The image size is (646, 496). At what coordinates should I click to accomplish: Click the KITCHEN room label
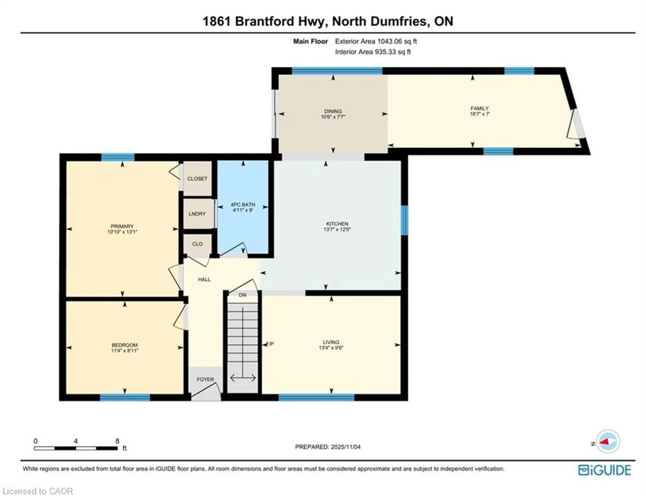pos(337,224)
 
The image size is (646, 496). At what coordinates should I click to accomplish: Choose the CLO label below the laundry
pos(197,244)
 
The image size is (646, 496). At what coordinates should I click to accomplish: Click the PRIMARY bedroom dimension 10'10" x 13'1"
pos(122,232)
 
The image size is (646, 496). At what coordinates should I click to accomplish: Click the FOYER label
pos(205,379)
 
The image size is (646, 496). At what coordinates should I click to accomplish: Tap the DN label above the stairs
pos(242,295)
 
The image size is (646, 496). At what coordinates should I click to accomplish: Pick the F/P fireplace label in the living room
pos(270,344)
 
